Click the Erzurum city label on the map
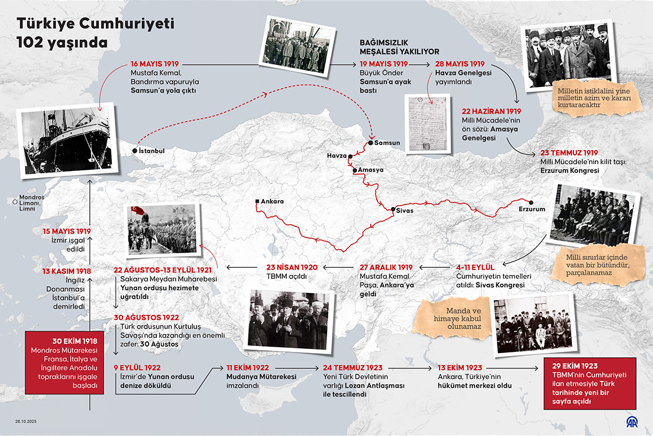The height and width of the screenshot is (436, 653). pyautogui.click(x=532, y=208)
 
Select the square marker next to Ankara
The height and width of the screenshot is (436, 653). pyautogui.click(x=257, y=202)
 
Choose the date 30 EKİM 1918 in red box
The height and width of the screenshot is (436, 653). pyautogui.click(x=69, y=340)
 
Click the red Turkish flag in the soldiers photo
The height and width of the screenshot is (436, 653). pyautogui.click(x=138, y=211)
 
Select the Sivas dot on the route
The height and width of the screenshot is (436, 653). pyautogui.click(x=393, y=209)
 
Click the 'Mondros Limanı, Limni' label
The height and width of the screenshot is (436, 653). pyautogui.click(x=31, y=202)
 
